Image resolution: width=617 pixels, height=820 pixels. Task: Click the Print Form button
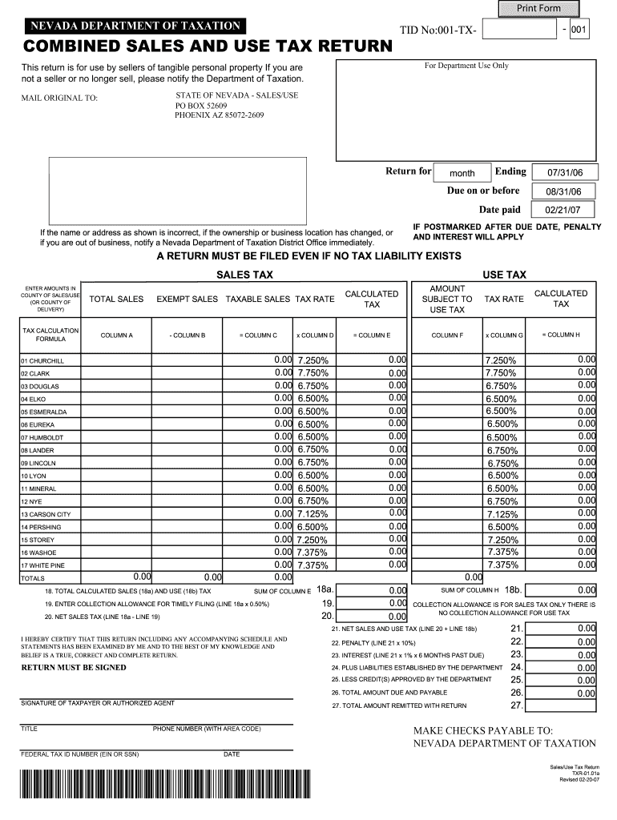(538, 8)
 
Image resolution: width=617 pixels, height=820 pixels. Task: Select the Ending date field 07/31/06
(565, 172)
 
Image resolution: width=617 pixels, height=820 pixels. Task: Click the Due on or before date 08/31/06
(565, 191)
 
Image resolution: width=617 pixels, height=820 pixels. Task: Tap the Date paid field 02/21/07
(565, 211)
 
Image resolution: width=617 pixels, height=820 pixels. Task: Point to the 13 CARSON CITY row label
(46, 514)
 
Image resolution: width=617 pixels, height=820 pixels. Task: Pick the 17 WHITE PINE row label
(43, 565)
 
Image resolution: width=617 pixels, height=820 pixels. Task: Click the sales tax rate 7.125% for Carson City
(313, 513)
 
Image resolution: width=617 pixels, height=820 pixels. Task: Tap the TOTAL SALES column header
(116, 299)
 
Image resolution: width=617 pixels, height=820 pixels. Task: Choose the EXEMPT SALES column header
(187, 299)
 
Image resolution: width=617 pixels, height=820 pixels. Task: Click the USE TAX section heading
(504, 275)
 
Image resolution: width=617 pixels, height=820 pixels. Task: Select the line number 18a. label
(325, 589)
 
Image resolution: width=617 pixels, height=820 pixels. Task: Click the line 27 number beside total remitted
(516, 705)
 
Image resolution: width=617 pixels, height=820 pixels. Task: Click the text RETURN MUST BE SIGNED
(73, 667)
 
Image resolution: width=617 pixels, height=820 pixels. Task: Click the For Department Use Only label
(466, 66)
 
